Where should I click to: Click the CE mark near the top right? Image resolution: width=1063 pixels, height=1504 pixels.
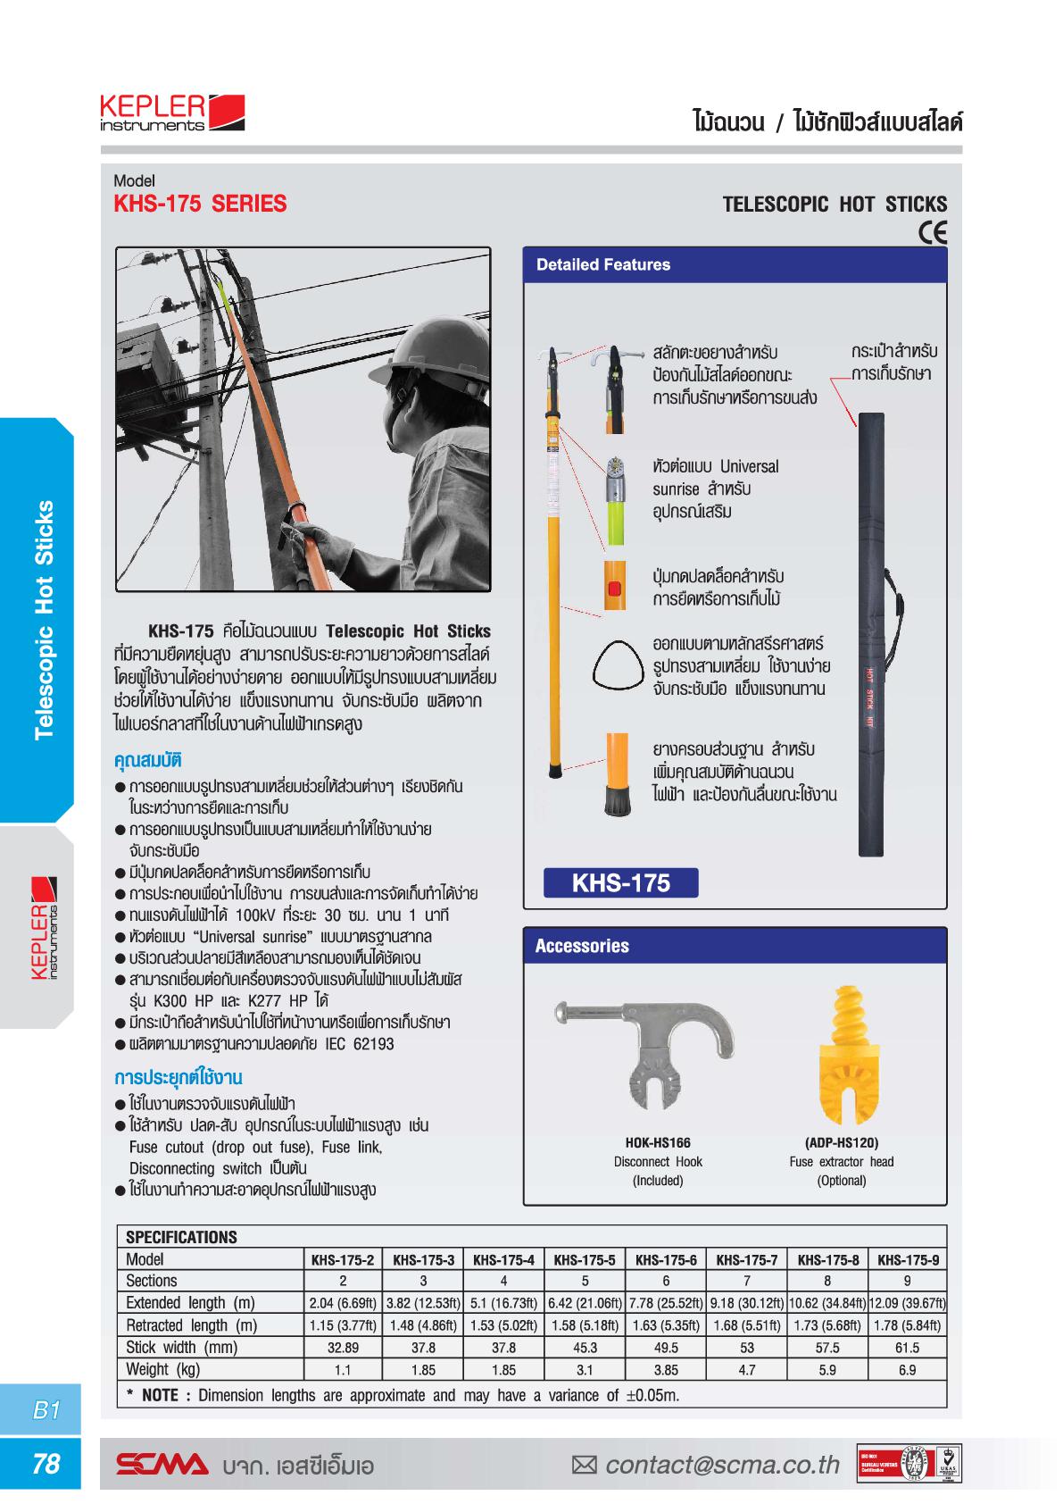click(933, 232)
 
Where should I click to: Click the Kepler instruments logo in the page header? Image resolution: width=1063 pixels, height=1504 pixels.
click(172, 114)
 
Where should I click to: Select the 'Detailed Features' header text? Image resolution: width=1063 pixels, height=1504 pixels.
click(603, 265)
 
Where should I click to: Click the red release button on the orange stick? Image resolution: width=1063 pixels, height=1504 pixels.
click(613, 589)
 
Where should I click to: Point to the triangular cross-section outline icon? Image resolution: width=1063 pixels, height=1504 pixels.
click(617, 666)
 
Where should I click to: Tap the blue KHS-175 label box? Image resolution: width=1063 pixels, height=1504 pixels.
click(621, 883)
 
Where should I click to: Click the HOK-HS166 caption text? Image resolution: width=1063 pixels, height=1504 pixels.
click(658, 1142)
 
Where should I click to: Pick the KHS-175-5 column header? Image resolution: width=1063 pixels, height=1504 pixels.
click(585, 1260)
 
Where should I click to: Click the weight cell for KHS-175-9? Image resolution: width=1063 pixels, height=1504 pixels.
click(907, 1370)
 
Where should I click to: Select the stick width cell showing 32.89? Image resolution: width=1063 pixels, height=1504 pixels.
click(343, 1348)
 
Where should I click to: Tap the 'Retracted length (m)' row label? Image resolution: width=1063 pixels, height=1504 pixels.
click(191, 1325)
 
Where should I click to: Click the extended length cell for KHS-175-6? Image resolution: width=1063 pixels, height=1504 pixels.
click(666, 1303)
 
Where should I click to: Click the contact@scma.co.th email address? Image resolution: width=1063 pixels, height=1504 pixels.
click(722, 1466)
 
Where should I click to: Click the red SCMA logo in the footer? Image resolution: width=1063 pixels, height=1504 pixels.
click(162, 1466)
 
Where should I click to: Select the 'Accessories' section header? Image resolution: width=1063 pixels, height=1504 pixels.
click(582, 946)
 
